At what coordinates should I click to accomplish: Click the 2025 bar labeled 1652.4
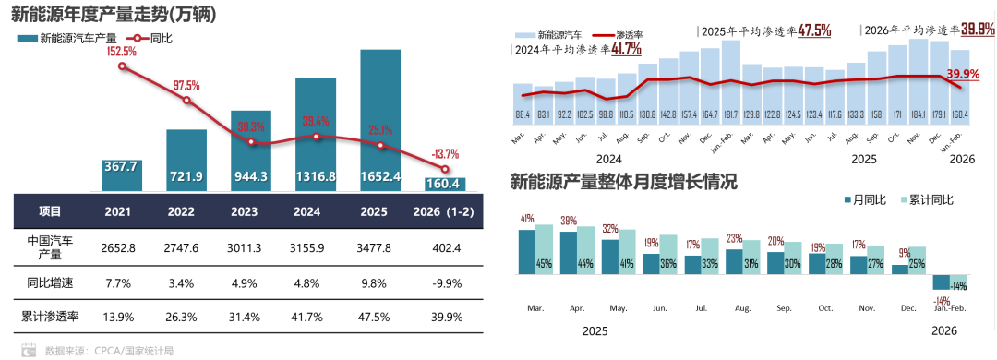click(x=380, y=120)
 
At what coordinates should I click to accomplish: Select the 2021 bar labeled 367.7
click(x=121, y=175)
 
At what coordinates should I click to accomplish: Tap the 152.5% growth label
click(x=122, y=52)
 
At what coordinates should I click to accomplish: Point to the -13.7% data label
click(x=447, y=154)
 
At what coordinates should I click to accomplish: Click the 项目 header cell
click(x=50, y=210)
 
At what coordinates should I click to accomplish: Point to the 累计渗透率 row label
click(x=50, y=317)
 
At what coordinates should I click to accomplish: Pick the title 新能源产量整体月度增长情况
click(x=624, y=181)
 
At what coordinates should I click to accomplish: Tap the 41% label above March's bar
click(x=527, y=219)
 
